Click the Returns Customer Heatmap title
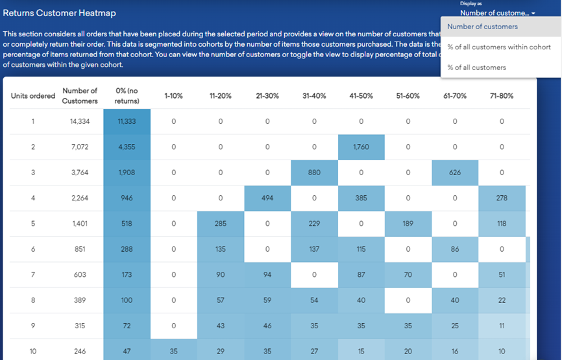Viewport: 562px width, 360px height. pyautogui.click(x=60, y=13)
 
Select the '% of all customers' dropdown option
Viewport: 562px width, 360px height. pyautogui.click(x=476, y=67)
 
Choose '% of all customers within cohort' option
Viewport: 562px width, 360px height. pyautogui.click(x=498, y=47)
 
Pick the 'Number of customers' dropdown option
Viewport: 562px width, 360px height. pyautogui.click(x=482, y=27)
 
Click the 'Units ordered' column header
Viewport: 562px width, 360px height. pyautogui.click(x=33, y=96)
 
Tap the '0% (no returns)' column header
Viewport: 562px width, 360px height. pyautogui.click(x=127, y=96)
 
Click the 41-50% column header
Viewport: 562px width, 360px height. pyautogui.click(x=361, y=96)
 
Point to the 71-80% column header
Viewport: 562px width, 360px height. pyautogui.click(x=502, y=96)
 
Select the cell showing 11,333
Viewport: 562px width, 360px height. pyautogui.click(x=127, y=121)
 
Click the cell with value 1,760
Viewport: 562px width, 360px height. pyautogui.click(x=361, y=147)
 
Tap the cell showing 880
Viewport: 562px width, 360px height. pyautogui.click(x=314, y=173)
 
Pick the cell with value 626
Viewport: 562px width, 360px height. pyautogui.click(x=455, y=173)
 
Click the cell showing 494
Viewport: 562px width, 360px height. pyautogui.click(x=267, y=198)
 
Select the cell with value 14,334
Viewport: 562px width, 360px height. pyautogui.click(x=80, y=121)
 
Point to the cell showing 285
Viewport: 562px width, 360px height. pyautogui.click(x=221, y=224)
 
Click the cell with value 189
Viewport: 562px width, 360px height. pyautogui.click(x=408, y=224)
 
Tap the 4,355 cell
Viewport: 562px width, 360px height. pyautogui.click(x=127, y=147)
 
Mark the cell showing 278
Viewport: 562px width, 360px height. pyautogui.click(x=502, y=198)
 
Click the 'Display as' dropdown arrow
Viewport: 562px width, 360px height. pyautogui.click(x=533, y=13)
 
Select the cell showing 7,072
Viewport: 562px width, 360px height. pyautogui.click(x=80, y=147)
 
